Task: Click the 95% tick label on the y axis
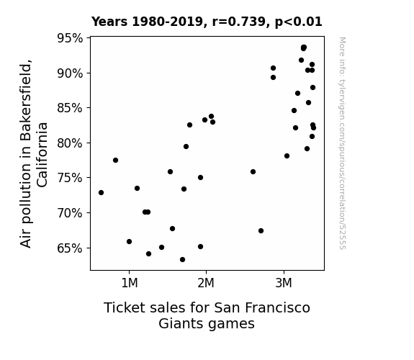(70, 38)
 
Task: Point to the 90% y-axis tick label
(70, 73)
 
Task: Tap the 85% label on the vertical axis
(70, 108)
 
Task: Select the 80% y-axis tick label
(70, 143)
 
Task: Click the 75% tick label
(70, 178)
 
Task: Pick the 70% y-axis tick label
(70, 213)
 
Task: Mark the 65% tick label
(70, 248)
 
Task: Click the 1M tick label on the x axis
(130, 283)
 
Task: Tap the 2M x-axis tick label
(206, 283)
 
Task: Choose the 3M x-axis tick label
(284, 283)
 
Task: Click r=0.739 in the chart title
(239, 22)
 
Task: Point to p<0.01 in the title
(299, 22)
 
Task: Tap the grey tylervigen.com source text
(343, 143)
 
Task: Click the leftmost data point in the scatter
(101, 192)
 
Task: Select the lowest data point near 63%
(182, 260)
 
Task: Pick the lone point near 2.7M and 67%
(261, 231)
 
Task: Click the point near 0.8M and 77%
(115, 161)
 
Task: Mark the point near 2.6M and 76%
(253, 171)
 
